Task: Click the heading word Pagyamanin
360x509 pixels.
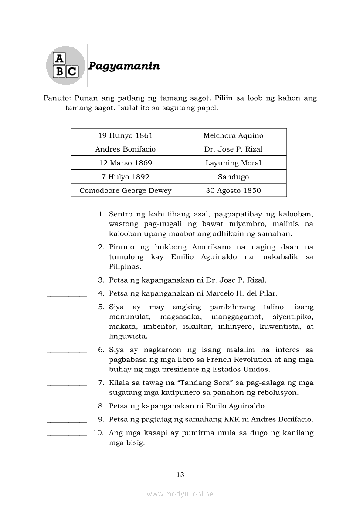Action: point(124,66)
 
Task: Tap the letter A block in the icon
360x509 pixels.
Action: point(59,59)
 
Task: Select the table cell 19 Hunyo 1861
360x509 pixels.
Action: point(125,135)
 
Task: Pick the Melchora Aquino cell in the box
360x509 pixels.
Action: point(233,135)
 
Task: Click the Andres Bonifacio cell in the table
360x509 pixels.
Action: point(125,149)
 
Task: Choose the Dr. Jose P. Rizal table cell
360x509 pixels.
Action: point(233,149)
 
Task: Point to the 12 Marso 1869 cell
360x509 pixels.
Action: point(125,163)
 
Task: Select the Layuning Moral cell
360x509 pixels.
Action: point(233,163)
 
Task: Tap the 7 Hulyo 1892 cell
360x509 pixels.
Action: point(125,177)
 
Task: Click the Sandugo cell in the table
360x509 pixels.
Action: point(233,177)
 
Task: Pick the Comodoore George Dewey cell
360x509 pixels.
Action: point(125,191)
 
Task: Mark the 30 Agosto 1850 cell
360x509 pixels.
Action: point(233,191)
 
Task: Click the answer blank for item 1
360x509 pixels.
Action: point(67,216)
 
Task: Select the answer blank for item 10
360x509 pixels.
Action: point(67,435)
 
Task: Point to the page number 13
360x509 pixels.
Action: point(180,475)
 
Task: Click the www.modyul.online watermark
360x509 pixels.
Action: point(180,494)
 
